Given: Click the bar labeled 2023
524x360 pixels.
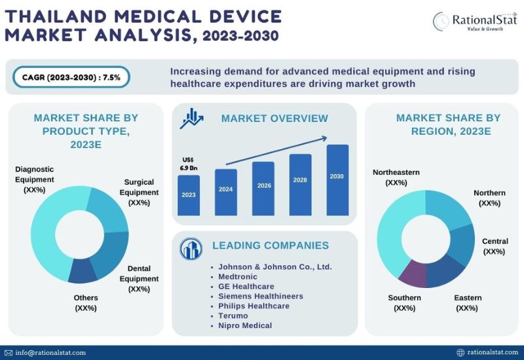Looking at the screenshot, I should [x=188, y=194].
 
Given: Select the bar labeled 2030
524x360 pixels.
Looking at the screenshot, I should [x=337, y=180].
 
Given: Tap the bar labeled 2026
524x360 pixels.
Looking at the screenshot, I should [x=263, y=189].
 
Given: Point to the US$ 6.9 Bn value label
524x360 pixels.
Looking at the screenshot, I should [x=188, y=164].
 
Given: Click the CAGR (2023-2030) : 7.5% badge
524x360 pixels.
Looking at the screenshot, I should [x=70, y=77].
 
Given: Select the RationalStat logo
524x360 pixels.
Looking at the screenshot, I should [x=474, y=22].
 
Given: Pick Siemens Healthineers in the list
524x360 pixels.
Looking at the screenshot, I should [x=261, y=296].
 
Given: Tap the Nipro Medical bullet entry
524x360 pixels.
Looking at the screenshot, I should [x=245, y=325].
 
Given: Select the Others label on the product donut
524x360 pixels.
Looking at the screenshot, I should [x=86, y=302].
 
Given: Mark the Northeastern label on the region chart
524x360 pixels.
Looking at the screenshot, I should [x=396, y=177].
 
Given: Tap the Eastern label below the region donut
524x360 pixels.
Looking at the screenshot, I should [x=467, y=302].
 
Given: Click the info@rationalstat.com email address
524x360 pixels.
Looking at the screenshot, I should [x=51, y=352].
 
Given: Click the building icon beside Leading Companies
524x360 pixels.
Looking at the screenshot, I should [x=191, y=248].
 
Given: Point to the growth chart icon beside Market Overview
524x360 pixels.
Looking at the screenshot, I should [x=193, y=118].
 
